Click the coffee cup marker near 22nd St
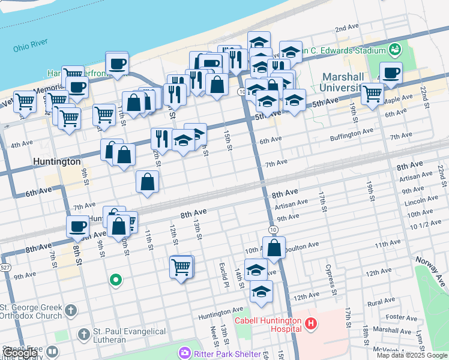(391, 73)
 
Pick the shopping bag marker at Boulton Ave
(274, 247)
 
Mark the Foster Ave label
(402, 317)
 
